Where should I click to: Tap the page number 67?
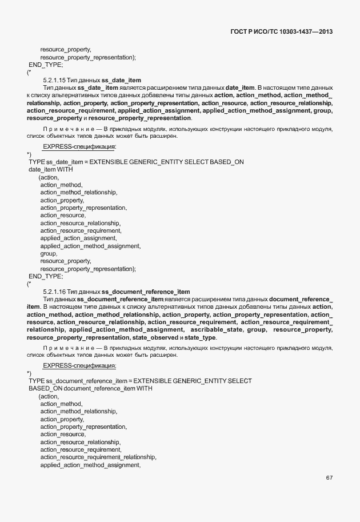coord(329,477)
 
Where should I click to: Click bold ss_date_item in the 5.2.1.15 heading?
coord(121,79)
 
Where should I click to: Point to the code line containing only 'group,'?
coord(49,253)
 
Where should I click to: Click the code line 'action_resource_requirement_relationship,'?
coord(98,457)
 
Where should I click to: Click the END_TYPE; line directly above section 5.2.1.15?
coord(46,65)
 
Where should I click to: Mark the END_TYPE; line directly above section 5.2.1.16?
coord(46,276)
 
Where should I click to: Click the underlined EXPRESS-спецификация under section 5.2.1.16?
coord(79,365)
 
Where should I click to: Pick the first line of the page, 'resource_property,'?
coord(66,50)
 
